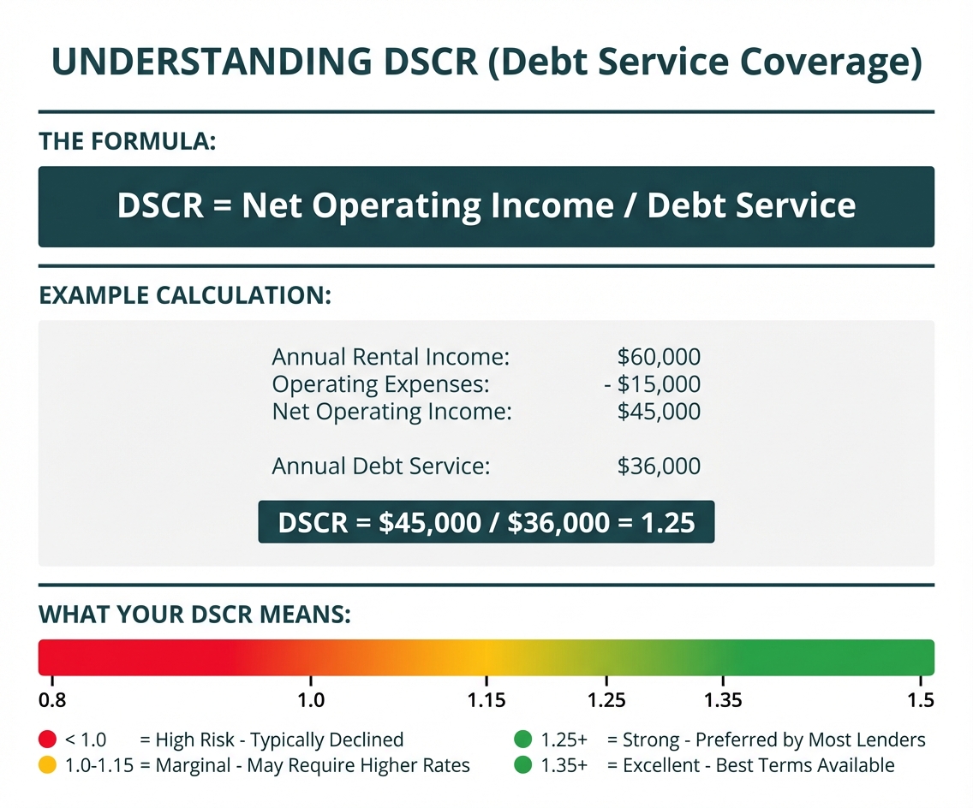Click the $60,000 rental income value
pos(659,357)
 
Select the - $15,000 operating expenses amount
pos(652,384)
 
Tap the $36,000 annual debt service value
pos(659,466)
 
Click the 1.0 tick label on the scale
pos(310,700)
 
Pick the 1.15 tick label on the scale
pos(487,700)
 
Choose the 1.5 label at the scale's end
pos(921,700)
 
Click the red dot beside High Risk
pos(48,739)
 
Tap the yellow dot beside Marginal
pos(48,765)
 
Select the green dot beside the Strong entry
pos(522,739)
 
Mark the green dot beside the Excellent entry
pos(522,765)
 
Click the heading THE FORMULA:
pos(128,142)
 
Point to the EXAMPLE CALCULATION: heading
pos(185,296)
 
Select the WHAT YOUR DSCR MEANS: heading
pos(195,615)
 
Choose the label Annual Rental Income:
pos(391,357)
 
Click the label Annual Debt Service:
pos(381,466)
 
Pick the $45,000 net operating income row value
pos(659,412)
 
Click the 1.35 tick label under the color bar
pos(723,700)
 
